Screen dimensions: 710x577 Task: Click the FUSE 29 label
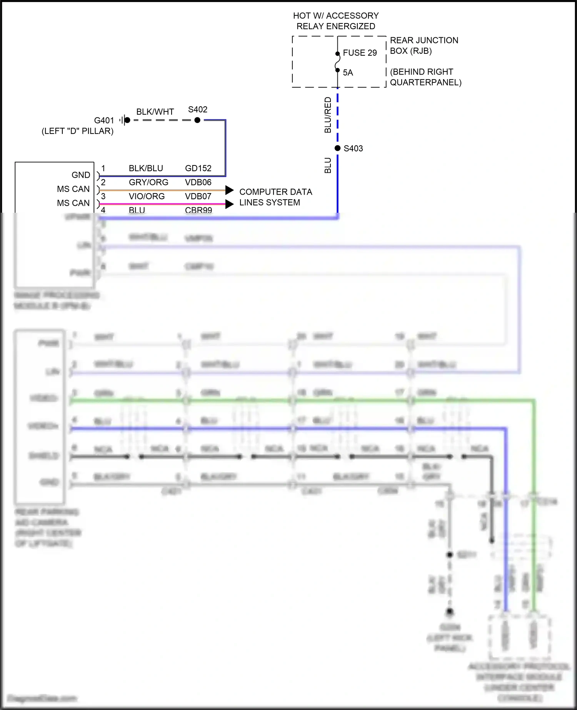360,53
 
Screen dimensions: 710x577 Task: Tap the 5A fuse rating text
348,73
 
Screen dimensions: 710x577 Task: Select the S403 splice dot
337,148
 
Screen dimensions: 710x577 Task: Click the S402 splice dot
197,120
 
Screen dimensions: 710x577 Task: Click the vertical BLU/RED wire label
328,115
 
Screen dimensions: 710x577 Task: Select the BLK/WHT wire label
155,112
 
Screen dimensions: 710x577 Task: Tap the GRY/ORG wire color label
148,182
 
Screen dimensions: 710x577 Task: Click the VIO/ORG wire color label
147,196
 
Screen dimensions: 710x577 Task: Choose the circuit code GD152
198,168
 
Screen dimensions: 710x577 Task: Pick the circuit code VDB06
198,182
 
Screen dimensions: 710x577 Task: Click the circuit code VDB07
198,196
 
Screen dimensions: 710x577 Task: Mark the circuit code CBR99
198,210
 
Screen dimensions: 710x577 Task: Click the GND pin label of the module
81,175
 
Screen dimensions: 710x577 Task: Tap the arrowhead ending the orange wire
229,190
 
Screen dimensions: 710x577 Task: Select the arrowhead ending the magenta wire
229,204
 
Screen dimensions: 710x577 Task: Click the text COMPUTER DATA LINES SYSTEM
275,197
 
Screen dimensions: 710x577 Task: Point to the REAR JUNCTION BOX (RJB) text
424,45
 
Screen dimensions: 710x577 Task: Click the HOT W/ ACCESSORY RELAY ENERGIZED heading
336,21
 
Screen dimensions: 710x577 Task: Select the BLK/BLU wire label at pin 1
146,168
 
